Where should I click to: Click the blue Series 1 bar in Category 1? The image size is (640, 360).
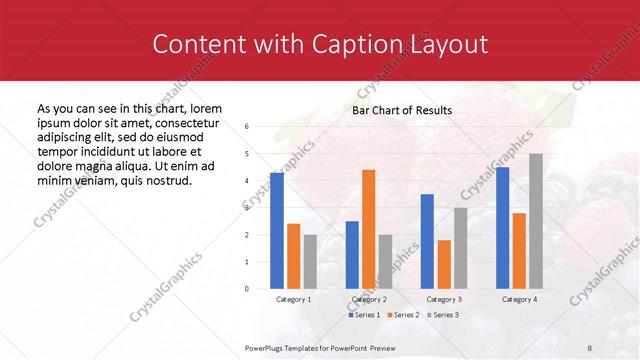pyautogui.click(x=277, y=231)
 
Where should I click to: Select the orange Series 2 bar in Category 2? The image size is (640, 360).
pyautogui.click(x=368, y=229)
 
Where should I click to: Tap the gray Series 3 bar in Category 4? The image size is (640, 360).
pyautogui.click(x=536, y=221)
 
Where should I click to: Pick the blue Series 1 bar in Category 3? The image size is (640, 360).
pyautogui.click(x=427, y=241)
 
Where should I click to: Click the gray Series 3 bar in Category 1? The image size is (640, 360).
pyautogui.click(x=310, y=261)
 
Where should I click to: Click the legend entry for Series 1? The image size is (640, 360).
pyautogui.click(x=364, y=315)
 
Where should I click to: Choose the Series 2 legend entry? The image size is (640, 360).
pyautogui.click(x=403, y=315)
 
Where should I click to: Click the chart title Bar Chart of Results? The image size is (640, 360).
pyautogui.click(x=402, y=110)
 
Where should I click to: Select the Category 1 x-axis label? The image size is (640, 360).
pyautogui.click(x=293, y=299)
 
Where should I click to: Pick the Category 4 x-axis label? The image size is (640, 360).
pyautogui.click(x=519, y=299)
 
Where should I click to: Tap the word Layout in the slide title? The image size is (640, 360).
pyautogui.click(x=449, y=44)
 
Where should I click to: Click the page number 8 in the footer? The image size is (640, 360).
pyautogui.click(x=589, y=347)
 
